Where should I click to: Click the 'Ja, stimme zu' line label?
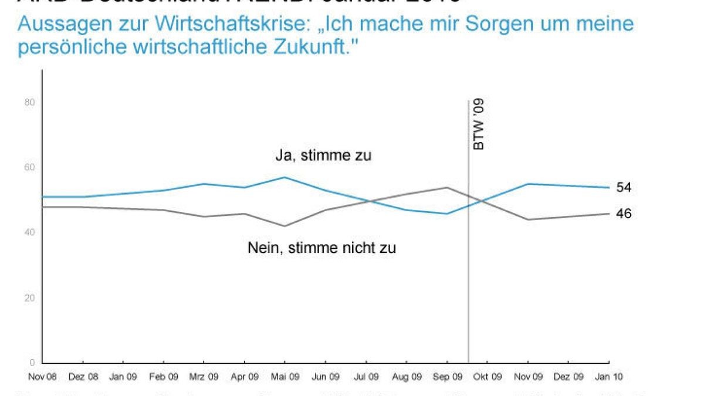coord(324,156)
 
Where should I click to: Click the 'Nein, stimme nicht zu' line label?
coord(321,248)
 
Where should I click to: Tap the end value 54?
coord(624,187)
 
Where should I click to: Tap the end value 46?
coord(624,214)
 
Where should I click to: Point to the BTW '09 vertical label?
coord(479,124)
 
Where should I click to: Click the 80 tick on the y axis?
coord(30,103)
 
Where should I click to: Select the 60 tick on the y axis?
coord(30,168)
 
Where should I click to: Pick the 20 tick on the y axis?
coord(30,297)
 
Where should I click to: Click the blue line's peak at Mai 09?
coord(285,177)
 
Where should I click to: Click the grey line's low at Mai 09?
coord(285,226)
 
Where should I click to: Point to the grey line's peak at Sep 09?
coord(448,188)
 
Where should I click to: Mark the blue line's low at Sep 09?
coord(448,214)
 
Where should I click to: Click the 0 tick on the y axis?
coord(33,362)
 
